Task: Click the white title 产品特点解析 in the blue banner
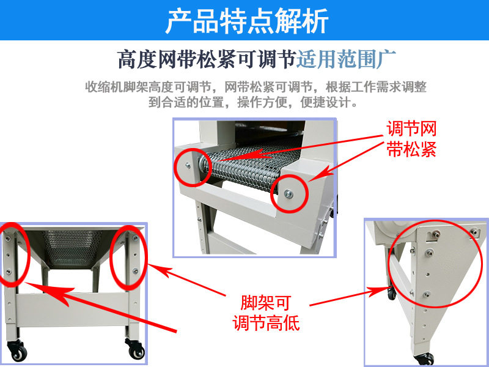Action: (x=246, y=21)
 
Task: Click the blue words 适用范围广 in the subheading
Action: (x=346, y=59)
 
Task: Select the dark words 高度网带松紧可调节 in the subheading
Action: (x=207, y=59)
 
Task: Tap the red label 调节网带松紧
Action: (x=411, y=138)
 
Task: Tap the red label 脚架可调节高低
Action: (x=266, y=313)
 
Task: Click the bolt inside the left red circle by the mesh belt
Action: (x=188, y=165)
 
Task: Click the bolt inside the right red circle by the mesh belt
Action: (x=289, y=195)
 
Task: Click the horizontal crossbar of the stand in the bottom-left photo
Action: (x=72, y=310)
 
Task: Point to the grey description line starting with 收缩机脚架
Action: (x=256, y=87)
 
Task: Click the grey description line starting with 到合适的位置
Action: (x=252, y=102)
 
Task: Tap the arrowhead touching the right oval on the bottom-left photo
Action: (x=158, y=270)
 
